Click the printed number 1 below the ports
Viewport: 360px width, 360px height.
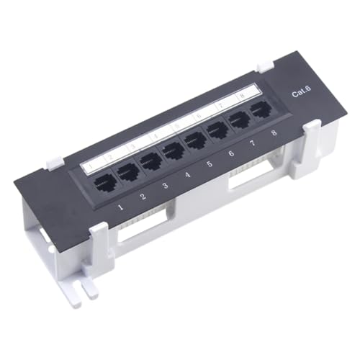click(x=120, y=210)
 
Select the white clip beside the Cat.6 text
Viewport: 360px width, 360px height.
click(x=311, y=136)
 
